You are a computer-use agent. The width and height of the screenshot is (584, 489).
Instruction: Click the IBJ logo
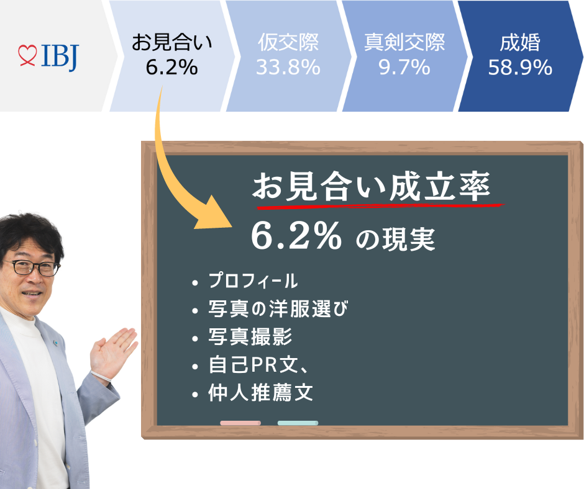(x=48, y=57)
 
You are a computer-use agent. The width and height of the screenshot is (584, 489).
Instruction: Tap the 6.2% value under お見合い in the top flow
(x=171, y=68)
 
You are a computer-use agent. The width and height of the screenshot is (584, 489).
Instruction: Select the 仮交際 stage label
(x=288, y=42)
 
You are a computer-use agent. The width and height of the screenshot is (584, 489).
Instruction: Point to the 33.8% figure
(x=288, y=68)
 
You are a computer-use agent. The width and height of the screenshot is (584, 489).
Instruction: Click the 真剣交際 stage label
(x=404, y=42)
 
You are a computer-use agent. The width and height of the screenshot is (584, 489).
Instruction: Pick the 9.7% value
(x=404, y=68)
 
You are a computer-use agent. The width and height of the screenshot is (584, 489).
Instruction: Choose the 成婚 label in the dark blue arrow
(x=520, y=42)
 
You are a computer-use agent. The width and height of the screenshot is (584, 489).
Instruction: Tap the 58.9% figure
(x=520, y=68)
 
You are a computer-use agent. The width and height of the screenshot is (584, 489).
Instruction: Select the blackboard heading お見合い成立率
(x=372, y=186)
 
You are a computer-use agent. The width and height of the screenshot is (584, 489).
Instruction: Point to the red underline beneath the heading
(x=380, y=206)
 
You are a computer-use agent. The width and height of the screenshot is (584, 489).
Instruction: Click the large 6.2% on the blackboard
(x=296, y=236)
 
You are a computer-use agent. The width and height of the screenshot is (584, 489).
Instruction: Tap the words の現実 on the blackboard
(x=395, y=240)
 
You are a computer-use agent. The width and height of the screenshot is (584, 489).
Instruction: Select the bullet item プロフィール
(x=253, y=280)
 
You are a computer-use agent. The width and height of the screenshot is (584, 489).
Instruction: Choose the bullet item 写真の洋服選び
(x=278, y=309)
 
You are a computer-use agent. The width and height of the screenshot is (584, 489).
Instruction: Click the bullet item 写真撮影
(x=250, y=337)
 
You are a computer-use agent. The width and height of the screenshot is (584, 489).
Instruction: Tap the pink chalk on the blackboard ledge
(x=240, y=423)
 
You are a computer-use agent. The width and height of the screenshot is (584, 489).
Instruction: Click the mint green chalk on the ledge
(x=298, y=423)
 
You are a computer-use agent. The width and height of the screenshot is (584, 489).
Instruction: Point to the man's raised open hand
(x=113, y=354)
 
